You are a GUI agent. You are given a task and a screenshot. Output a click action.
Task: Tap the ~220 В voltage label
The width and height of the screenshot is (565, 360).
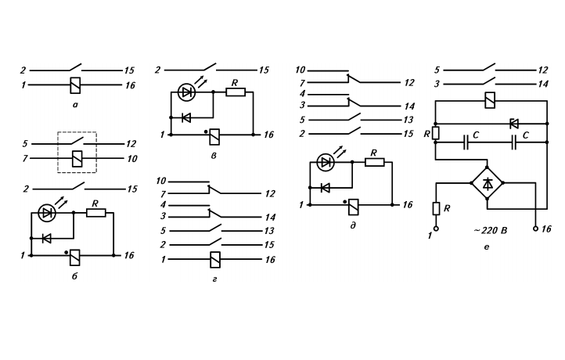(491, 230)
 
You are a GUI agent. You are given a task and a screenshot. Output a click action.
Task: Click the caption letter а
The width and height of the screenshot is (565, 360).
(74, 105)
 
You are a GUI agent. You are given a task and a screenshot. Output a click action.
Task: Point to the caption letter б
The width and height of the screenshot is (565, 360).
(74, 276)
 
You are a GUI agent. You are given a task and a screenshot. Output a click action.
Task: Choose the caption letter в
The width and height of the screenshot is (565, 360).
(214, 156)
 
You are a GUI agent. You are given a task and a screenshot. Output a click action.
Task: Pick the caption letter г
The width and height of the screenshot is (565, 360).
(214, 279)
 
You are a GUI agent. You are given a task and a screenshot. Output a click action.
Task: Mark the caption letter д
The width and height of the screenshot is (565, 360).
(353, 225)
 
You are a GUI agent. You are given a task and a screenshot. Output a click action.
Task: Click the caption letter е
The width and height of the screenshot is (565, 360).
(487, 247)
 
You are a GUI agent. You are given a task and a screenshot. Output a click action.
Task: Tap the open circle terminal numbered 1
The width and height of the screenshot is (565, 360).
(436, 229)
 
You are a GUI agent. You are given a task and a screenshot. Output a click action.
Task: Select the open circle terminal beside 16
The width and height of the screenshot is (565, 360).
(535, 229)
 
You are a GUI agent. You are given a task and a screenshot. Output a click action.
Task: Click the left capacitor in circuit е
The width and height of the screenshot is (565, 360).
(466, 142)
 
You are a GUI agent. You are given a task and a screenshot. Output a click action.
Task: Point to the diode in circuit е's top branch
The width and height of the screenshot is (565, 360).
(514, 124)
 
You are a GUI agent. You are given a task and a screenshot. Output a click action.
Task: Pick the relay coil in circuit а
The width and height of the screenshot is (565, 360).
(75, 85)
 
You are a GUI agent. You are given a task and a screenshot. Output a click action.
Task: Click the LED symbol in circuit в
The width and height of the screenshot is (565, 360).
(187, 92)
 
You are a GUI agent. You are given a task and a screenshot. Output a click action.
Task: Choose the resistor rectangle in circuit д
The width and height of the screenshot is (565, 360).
(375, 162)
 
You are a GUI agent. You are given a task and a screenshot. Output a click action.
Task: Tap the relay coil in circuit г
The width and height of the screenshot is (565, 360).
(215, 260)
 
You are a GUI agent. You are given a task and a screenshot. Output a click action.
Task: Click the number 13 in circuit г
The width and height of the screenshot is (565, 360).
(269, 231)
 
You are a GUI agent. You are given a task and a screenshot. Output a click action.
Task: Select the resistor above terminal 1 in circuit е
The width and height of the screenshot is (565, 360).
(436, 209)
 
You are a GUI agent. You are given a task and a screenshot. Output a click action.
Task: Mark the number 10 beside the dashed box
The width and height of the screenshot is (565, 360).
(132, 159)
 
